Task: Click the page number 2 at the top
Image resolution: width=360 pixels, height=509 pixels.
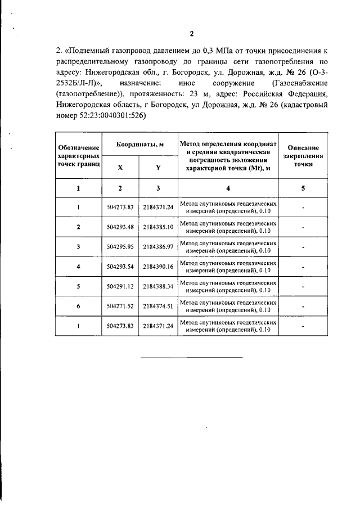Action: [x=191, y=33]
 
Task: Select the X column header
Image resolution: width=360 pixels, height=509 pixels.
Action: [x=120, y=167]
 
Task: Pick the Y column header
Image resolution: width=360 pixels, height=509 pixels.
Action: [x=158, y=167]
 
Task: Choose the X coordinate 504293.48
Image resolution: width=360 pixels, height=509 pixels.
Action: [x=120, y=227]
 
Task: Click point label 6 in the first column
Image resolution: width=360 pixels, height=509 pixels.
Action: [x=78, y=306]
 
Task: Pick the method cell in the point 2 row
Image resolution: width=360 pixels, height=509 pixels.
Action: [x=228, y=227]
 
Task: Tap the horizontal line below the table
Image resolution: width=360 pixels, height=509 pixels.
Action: [x=191, y=357]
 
